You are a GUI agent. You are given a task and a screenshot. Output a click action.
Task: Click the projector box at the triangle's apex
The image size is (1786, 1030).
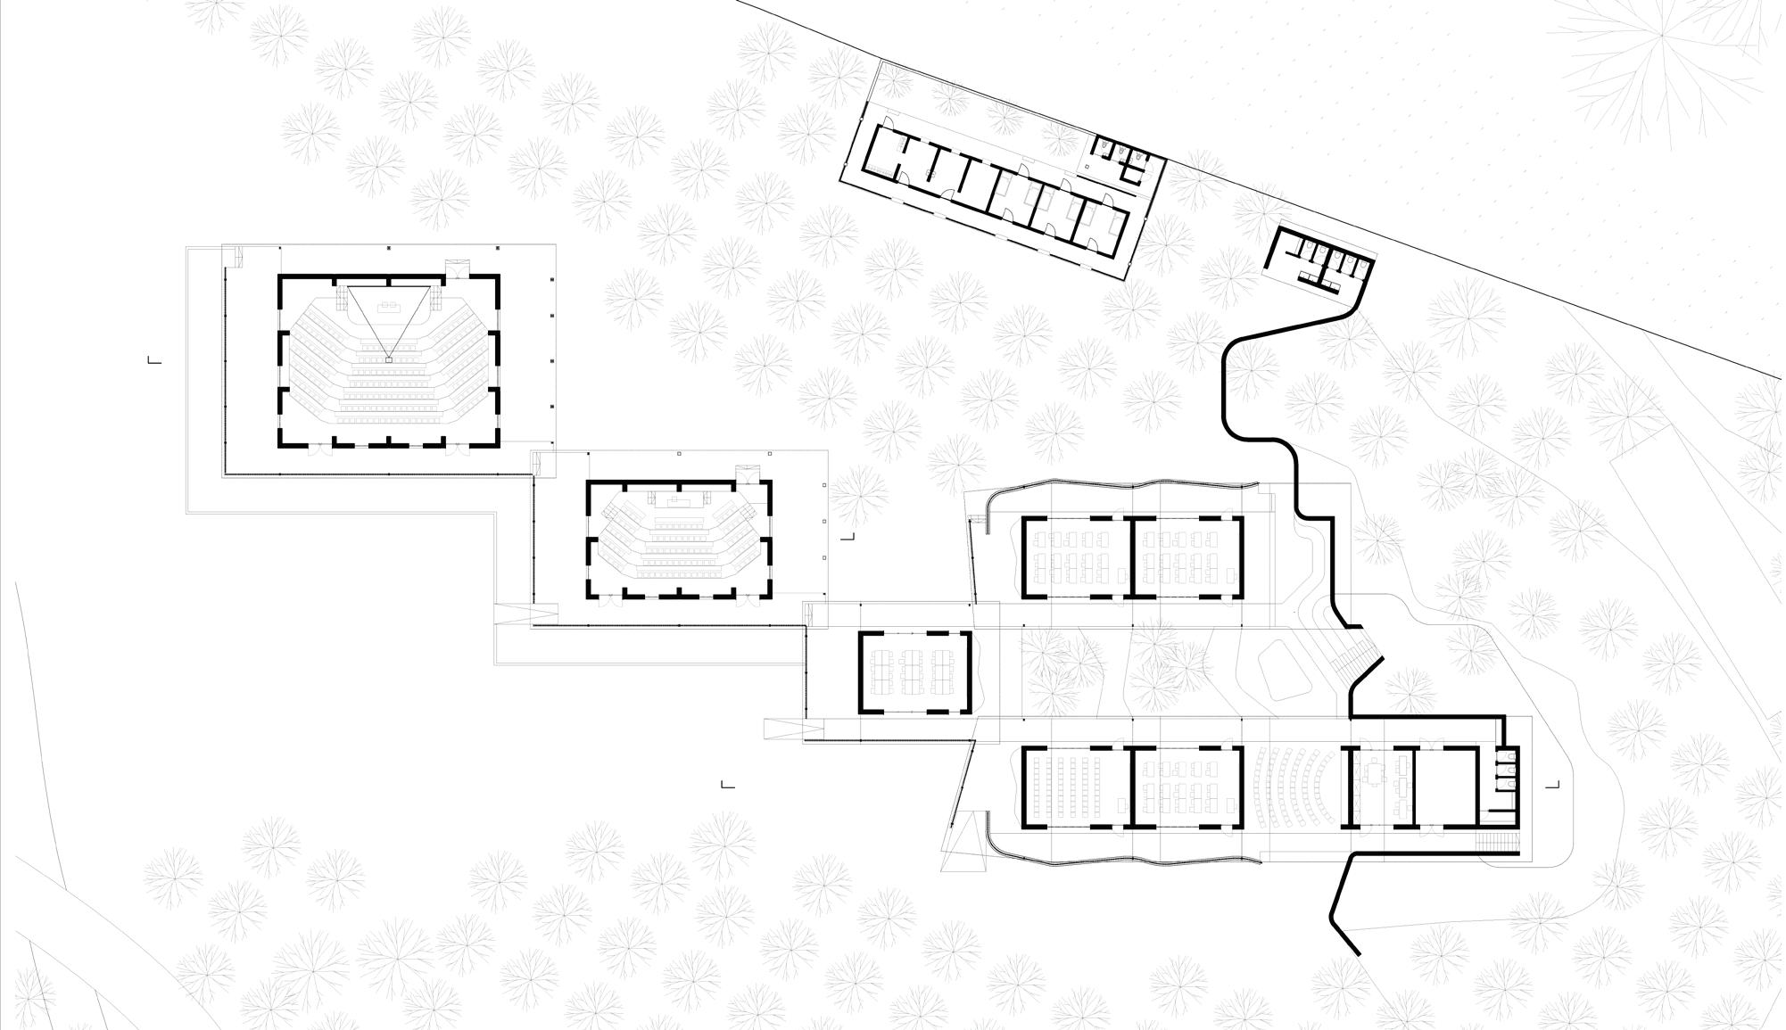coord(388,359)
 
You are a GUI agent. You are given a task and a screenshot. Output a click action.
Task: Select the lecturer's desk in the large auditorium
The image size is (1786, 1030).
coord(388,308)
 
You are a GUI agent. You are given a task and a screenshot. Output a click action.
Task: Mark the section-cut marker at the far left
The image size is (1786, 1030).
coord(153,359)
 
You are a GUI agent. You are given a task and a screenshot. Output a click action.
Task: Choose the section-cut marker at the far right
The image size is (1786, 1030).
coord(1554,785)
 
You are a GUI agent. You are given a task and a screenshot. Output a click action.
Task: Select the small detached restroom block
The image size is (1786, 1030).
coord(1320,259)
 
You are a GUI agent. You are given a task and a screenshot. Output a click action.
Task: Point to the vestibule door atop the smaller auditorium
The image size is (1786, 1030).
coord(746,472)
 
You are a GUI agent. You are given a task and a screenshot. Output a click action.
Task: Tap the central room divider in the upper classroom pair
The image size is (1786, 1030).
coord(1131,557)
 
